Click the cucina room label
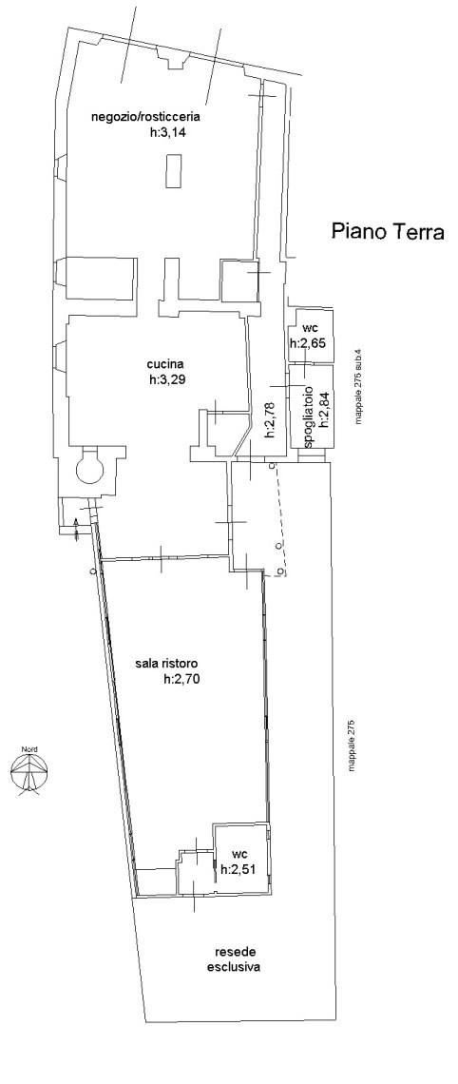(x=165, y=366)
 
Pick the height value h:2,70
(x=182, y=680)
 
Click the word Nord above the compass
(x=29, y=749)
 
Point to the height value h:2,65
(x=308, y=343)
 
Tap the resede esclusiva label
(x=234, y=961)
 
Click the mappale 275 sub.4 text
(x=358, y=392)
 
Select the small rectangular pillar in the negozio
(x=174, y=170)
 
